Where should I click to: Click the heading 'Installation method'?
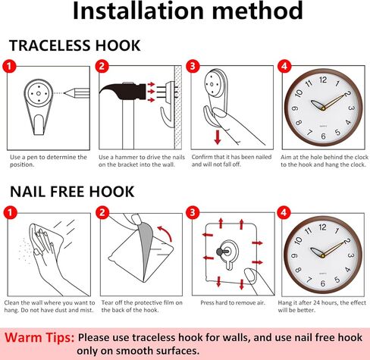187,11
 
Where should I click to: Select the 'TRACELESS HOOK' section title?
75,45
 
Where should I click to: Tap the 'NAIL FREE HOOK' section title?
72,192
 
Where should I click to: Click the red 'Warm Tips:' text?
39,337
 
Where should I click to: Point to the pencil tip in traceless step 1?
64,93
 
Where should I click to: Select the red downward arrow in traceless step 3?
218,136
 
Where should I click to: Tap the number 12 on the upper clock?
323,80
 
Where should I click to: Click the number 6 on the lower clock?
323,283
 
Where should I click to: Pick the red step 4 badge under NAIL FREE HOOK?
284,212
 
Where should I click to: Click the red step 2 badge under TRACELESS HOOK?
102,66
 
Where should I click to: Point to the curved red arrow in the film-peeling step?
165,233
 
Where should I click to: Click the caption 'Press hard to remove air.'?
233,302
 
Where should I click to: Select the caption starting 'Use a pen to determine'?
49,161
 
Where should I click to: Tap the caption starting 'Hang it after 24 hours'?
321,306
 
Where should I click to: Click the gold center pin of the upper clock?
323,108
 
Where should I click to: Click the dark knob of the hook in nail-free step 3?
220,252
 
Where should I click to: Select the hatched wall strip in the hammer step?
178,108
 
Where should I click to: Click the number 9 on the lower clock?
294,255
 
